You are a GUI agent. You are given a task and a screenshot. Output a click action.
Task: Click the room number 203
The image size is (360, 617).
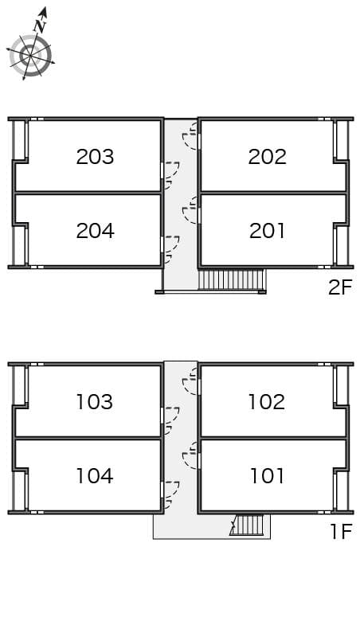(x=95, y=157)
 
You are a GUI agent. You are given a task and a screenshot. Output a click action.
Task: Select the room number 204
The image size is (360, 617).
(x=95, y=231)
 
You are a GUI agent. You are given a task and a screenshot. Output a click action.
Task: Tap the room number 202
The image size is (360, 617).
(x=267, y=157)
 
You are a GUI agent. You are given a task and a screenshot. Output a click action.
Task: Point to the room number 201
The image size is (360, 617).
(x=267, y=231)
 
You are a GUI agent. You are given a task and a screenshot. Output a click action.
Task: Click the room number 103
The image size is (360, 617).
(x=95, y=402)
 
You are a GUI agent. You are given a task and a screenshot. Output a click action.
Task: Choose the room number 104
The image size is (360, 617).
(x=95, y=476)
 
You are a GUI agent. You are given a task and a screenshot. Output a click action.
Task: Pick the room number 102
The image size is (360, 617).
(x=267, y=402)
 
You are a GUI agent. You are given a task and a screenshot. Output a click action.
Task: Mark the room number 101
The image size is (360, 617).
(x=267, y=476)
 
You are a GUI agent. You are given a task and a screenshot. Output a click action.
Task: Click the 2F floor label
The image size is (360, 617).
(x=340, y=287)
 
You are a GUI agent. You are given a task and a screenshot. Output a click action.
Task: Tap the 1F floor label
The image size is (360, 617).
(x=341, y=532)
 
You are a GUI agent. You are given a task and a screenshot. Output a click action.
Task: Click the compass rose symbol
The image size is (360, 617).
(x=30, y=55)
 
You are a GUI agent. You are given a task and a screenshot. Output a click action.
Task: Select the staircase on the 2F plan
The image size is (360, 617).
(x=230, y=279)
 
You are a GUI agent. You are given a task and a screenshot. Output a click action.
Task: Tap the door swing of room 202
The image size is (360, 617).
(x=190, y=141)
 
